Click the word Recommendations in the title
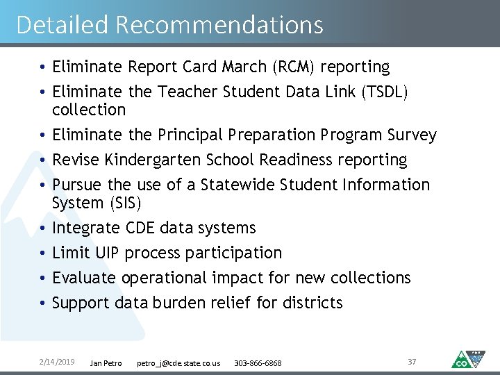tap(219, 25)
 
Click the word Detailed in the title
tap(62, 25)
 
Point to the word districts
tap(312, 303)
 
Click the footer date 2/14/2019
tap(56, 362)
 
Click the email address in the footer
tap(178, 362)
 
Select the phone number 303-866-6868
tap(258, 362)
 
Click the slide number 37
tap(412, 362)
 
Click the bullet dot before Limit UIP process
tap(43, 253)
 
